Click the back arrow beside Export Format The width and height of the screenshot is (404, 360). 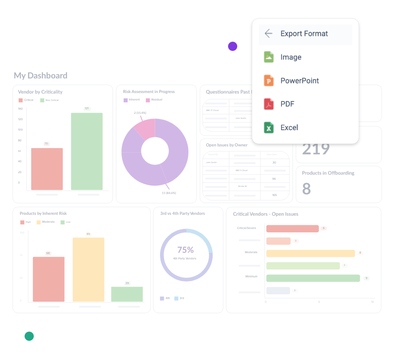(268, 34)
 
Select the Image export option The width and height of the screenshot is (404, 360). (291, 57)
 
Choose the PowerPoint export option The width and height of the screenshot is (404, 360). (299, 81)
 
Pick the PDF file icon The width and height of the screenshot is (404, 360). (268, 104)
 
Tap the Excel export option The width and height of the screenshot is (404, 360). (289, 128)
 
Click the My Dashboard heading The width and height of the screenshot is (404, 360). (40, 76)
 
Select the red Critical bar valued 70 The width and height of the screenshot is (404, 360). (47, 169)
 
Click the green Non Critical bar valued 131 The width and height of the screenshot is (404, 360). (87, 151)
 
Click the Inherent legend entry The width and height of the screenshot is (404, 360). (131, 100)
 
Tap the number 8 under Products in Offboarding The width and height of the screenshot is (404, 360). (306, 189)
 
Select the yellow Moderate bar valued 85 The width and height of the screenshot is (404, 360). (88, 269)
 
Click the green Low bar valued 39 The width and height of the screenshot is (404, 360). (127, 294)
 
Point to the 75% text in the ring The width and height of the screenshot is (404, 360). (186, 250)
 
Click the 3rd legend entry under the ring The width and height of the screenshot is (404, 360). (179, 298)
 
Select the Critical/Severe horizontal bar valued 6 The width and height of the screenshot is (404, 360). (292, 229)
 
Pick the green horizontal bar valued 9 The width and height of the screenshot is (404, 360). (313, 278)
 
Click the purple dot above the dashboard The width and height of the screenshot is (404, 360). (233, 46)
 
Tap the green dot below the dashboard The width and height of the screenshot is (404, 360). (29, 336)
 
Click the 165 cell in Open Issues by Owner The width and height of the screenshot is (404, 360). (274, 195)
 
